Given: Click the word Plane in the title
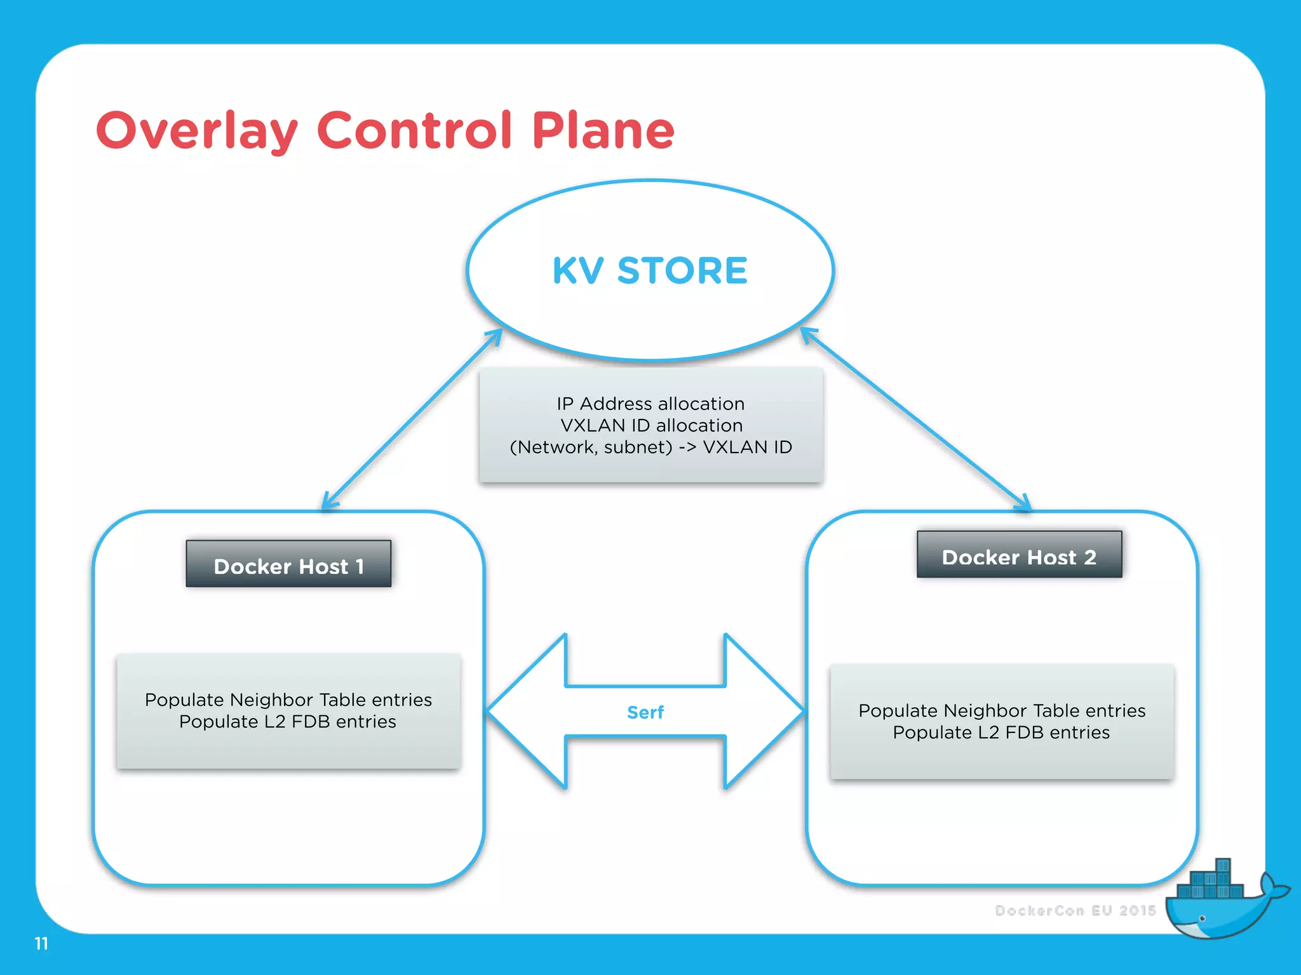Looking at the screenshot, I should [603, 131].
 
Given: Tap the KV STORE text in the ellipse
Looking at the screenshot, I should [650, 271].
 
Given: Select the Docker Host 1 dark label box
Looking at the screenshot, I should [288, 564].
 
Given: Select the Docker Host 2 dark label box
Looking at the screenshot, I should [1019, 555].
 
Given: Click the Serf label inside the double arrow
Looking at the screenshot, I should [645, 713].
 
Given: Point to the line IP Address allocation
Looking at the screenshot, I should [650, 404].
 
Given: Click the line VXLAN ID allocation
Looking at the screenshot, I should [650, 425].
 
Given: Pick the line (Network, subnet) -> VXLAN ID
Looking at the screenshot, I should [650, 448].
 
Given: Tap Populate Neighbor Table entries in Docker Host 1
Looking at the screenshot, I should [288, 700].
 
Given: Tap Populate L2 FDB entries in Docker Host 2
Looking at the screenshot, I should [1001, 733].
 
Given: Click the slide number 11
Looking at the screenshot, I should [41, 944].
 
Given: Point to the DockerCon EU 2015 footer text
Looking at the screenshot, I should [1075, 911].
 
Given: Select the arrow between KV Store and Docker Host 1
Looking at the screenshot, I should [412, 419].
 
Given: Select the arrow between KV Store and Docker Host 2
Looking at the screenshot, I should [915, 419].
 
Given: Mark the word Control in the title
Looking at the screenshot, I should [414, 131].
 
